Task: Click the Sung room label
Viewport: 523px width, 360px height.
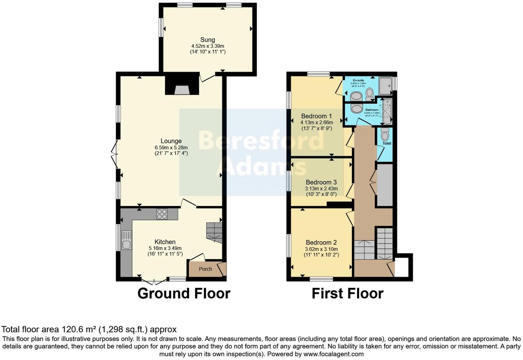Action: click(207, 40)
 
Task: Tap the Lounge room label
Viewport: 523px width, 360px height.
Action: click(171, 141)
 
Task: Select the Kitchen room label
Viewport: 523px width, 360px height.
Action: click(165, 242)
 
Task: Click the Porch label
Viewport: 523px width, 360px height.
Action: click(205, 269)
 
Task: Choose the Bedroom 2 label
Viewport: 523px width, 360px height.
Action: click(321, 242)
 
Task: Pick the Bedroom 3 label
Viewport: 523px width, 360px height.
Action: click(321, 182)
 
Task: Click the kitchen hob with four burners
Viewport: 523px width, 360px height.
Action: click(162, 214)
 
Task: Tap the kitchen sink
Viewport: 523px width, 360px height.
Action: click(126, 244)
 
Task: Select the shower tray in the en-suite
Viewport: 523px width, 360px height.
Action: click(385, 86)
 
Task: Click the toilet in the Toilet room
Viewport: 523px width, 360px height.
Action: click(385, 134)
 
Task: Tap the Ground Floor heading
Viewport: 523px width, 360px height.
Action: click(184, 294)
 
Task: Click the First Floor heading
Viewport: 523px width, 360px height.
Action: click(347, 294)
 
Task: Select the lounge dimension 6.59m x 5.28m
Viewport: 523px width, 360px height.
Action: click(171, 148)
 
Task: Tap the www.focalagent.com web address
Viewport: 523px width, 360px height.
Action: click(333, 354)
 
